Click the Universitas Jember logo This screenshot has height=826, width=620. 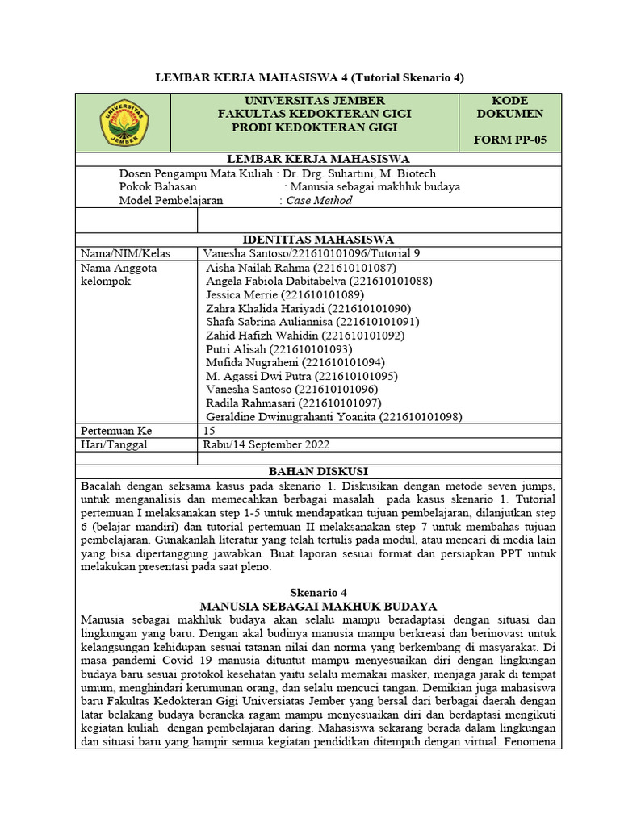click(x=124, y=122)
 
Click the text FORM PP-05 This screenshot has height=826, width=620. click(x=509, y=140)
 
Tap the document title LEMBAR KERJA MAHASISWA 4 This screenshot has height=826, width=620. click(x=309, y=77)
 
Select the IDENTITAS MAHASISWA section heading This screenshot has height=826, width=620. click(x=318, y=240)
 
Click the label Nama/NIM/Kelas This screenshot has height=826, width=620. click(x=119, y=253)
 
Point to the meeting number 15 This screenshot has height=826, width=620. click(x=208, y=431)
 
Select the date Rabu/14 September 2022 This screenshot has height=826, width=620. click(x=266, y=444)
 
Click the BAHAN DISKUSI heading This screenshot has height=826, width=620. click(x=318, y=471)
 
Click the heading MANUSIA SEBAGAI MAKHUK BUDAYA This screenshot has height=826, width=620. click(x=318, y=606)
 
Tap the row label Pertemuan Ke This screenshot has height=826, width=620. click(x=116, y=431)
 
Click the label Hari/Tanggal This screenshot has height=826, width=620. click(x=114, y=444)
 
